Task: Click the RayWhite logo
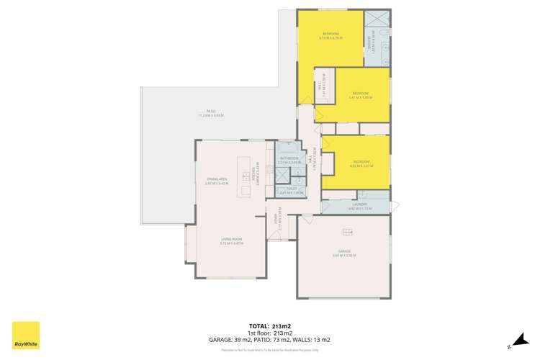pos(27,336)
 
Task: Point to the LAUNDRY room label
pos(359,206)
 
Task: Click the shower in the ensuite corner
pos(377,20)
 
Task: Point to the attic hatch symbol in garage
pos(348,231)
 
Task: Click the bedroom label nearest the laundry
pos(361,162)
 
